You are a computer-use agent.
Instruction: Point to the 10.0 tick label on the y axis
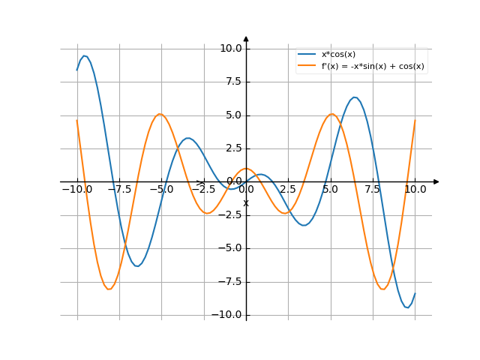point(230,49)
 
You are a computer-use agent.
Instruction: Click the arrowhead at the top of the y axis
point(246,38)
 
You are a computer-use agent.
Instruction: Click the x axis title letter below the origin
point(246,202)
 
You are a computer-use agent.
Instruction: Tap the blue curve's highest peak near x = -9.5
point(85,55)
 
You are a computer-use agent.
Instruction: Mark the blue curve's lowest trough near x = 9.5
point(406,307)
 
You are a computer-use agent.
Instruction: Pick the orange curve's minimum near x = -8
point(109,289)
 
